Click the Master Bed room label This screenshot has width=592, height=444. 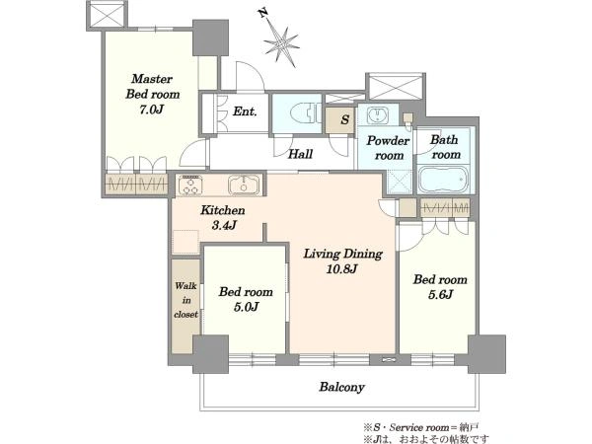point(152,87)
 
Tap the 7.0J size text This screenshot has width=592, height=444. point(152,110)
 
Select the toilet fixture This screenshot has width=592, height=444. point(305,112)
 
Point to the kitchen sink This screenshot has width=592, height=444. point(244,185)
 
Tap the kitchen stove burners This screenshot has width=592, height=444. point(190,185)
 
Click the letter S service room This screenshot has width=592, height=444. point(344,120)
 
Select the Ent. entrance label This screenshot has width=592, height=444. point(245,111)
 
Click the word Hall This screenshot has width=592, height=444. point(301,154)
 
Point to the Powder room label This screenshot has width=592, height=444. point(388,148)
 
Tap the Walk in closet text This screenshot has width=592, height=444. point(185,300)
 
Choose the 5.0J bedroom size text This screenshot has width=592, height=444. point(246,307)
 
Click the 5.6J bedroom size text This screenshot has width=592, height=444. point(440,294)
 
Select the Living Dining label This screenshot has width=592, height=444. point(342,255)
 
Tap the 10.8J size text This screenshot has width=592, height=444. point(341,269)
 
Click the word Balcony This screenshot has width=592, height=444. point(341,387)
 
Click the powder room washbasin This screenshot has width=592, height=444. point(378,114)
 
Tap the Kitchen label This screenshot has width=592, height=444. point(223,210)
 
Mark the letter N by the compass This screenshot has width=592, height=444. point(263,13)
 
